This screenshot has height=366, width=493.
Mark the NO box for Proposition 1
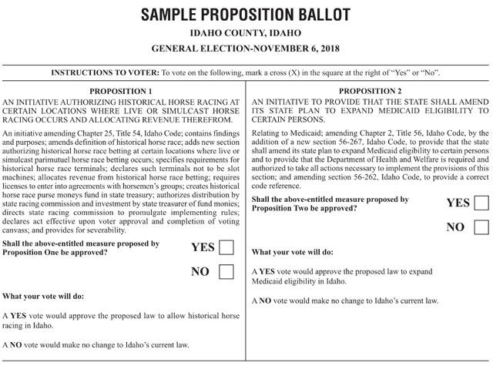tap(227, 272)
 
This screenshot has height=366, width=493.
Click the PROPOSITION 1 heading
tap(122, 91)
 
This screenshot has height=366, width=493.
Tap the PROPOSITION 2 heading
tap(369, 91)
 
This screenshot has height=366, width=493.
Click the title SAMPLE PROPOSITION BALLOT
tap(246, 13)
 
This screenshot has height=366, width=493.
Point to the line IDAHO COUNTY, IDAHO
tap(246, 34)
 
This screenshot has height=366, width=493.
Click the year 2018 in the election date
tap(327, 50)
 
